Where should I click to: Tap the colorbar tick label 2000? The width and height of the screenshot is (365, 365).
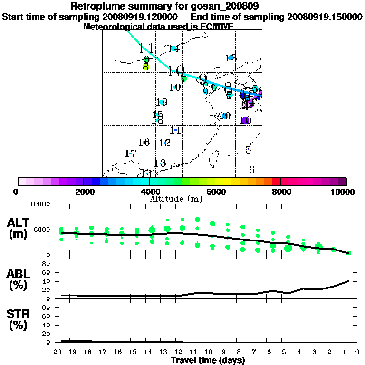click(83, 192)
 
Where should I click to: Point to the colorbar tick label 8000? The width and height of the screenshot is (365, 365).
click(281, 192)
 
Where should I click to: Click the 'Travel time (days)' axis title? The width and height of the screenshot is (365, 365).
click(208, 360)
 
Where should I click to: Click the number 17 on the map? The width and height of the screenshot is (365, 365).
click(131, 154)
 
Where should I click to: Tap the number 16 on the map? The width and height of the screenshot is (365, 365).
click(144, 142)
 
